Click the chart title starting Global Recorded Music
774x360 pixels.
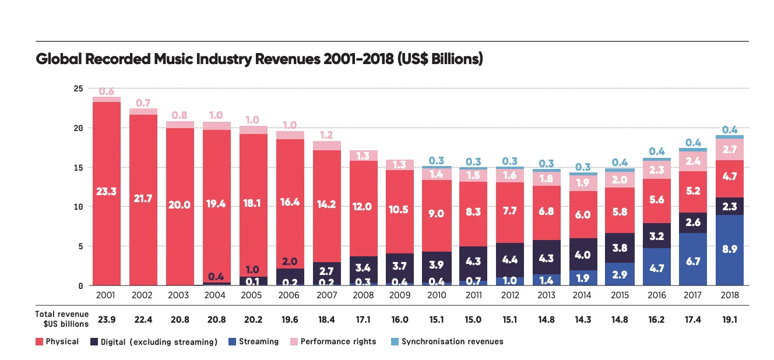(259, 60)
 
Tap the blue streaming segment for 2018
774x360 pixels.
(729, 250)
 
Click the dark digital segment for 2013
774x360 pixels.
(547, 257)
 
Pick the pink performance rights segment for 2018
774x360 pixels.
(729, 150)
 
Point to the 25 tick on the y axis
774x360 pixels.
(78, 89)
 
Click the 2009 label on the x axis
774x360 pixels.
(400, 296)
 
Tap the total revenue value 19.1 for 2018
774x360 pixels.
(729, 319)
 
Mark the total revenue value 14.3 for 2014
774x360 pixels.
(583, 319)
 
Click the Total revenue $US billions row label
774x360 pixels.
(62, 319)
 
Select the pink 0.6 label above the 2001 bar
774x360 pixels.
(107, 91)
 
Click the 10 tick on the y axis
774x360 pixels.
(78, 207)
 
